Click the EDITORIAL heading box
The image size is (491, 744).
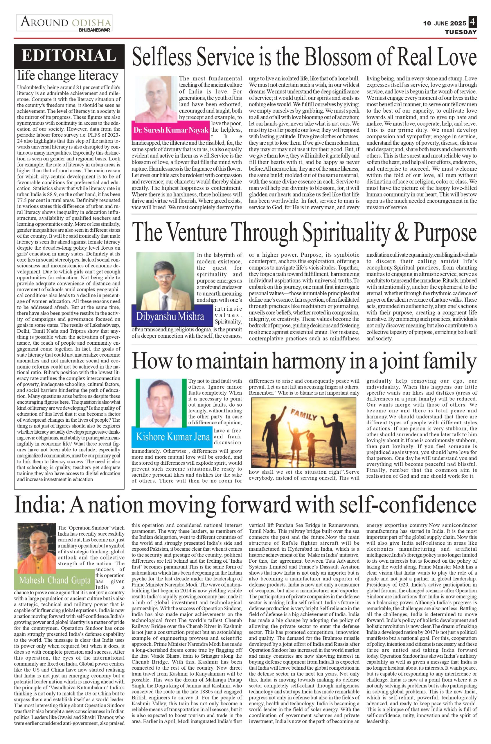point(69,56)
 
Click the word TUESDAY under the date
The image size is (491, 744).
point(461,32)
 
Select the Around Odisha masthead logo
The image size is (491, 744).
point(64,23)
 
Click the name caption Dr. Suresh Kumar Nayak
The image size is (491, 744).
point(171,130)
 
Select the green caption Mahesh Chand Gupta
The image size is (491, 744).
point(55,580)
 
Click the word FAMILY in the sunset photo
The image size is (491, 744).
point(304,416)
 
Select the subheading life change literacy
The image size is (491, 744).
point(68,76)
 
